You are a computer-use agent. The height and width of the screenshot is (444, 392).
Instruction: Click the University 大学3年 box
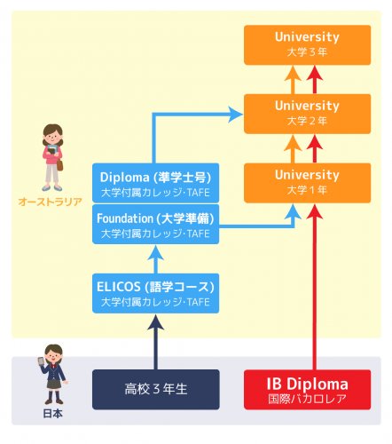coord(307,45)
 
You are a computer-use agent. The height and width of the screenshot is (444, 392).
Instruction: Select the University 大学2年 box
coord(307,114)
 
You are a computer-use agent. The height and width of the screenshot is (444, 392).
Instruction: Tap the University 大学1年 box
coord(307,183)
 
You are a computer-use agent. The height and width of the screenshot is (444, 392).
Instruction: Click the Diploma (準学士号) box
coord(155,183)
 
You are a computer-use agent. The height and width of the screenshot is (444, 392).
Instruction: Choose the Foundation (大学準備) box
coord(155,224)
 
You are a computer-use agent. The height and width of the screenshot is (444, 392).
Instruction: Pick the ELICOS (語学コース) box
coord(155,293)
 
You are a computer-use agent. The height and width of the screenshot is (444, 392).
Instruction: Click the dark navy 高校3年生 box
coord(156,390)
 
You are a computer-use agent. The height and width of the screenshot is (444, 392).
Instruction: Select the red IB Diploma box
coord(307,390)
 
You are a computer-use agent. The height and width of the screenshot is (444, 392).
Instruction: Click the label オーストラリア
coord(50,202)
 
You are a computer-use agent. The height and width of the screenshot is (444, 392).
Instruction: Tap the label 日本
coord(52,414)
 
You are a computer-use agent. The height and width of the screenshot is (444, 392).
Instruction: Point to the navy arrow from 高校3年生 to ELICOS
coord(156,342)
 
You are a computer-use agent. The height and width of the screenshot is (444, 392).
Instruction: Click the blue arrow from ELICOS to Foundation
coord(156,259)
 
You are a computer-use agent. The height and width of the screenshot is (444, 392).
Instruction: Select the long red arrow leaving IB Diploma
coord(315,287)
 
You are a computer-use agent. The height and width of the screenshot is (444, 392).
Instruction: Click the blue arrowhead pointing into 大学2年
coord(236,115)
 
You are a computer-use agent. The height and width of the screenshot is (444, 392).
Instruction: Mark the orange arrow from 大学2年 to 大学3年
coord(293,80)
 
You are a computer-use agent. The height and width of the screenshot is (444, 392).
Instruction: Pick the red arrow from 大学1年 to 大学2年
coord(315,149)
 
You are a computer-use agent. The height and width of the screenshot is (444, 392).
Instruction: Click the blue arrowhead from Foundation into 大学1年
coord(293,211)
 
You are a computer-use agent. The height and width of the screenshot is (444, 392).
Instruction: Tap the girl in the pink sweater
coord(52,157)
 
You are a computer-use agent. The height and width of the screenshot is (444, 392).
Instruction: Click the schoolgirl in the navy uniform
coord(53,375)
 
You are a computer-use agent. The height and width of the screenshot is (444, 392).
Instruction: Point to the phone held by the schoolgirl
coord(41,361)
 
